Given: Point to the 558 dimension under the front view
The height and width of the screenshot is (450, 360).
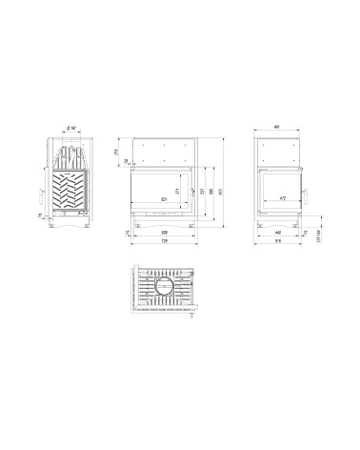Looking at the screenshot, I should pos(165,233).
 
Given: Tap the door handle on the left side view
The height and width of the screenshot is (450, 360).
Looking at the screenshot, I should pos(41,196).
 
